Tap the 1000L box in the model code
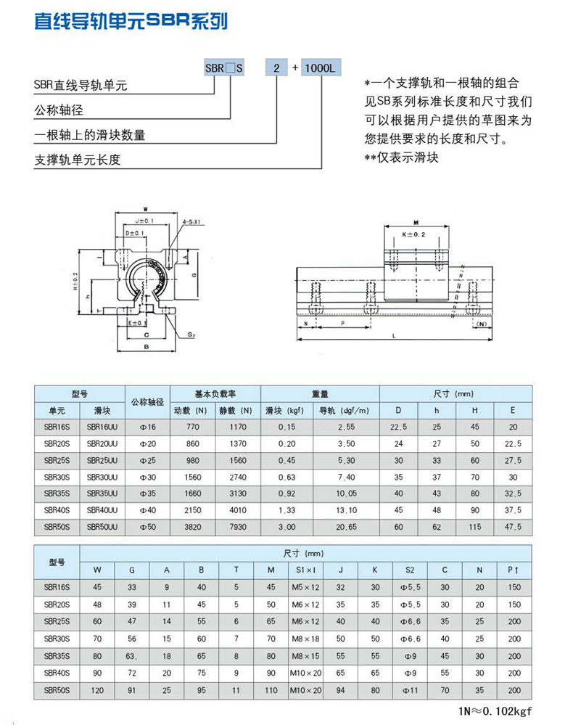[318, 68]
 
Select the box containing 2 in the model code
[276, 68]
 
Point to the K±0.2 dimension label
[415, 235]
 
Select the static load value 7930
[238, 525]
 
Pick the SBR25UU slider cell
[102, 460]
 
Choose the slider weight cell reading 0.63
[287, 476]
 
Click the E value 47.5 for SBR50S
[513, 525]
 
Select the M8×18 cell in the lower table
[306, 639]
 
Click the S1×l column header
[306, 570]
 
